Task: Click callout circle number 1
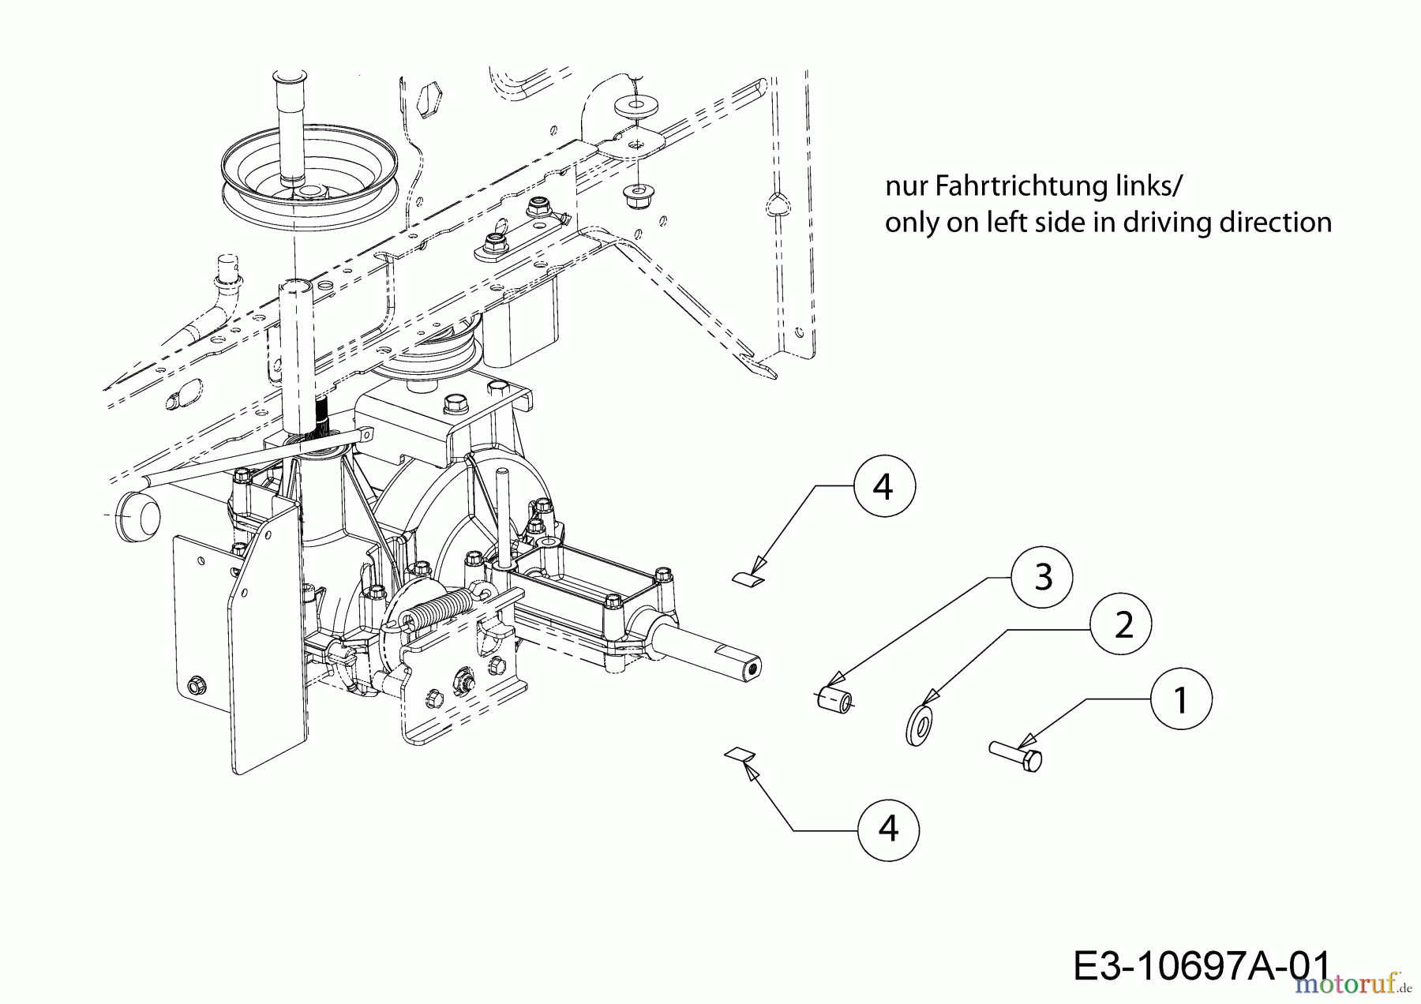1181,699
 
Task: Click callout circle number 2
1122,625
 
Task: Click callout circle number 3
1043,578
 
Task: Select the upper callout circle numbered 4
883,487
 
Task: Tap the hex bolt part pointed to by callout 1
1016,755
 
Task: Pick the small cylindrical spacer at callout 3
835,699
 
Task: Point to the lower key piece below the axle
740,754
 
